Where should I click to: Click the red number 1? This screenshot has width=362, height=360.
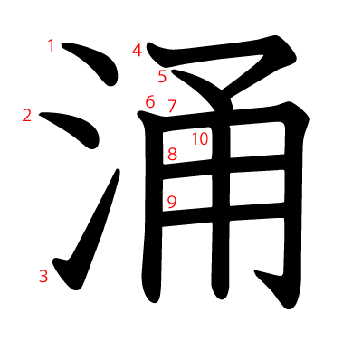click(x=51, y=45)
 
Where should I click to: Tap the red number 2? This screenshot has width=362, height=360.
click(x=26, y=115)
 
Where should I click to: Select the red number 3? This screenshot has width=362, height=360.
click(x=43, y=275)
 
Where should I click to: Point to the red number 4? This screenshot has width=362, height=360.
click(x=137, y=51)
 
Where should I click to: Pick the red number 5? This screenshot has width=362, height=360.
click(x=162, y=76)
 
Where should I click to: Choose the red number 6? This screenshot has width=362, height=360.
click(x=150, y=101)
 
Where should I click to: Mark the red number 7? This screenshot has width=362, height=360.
click(x=172, y=106)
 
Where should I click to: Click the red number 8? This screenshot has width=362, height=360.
click(x=172, y=155)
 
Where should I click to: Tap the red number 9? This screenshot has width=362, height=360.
click(x=172, y=201)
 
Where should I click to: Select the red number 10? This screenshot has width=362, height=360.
click(x=200, y=138)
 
